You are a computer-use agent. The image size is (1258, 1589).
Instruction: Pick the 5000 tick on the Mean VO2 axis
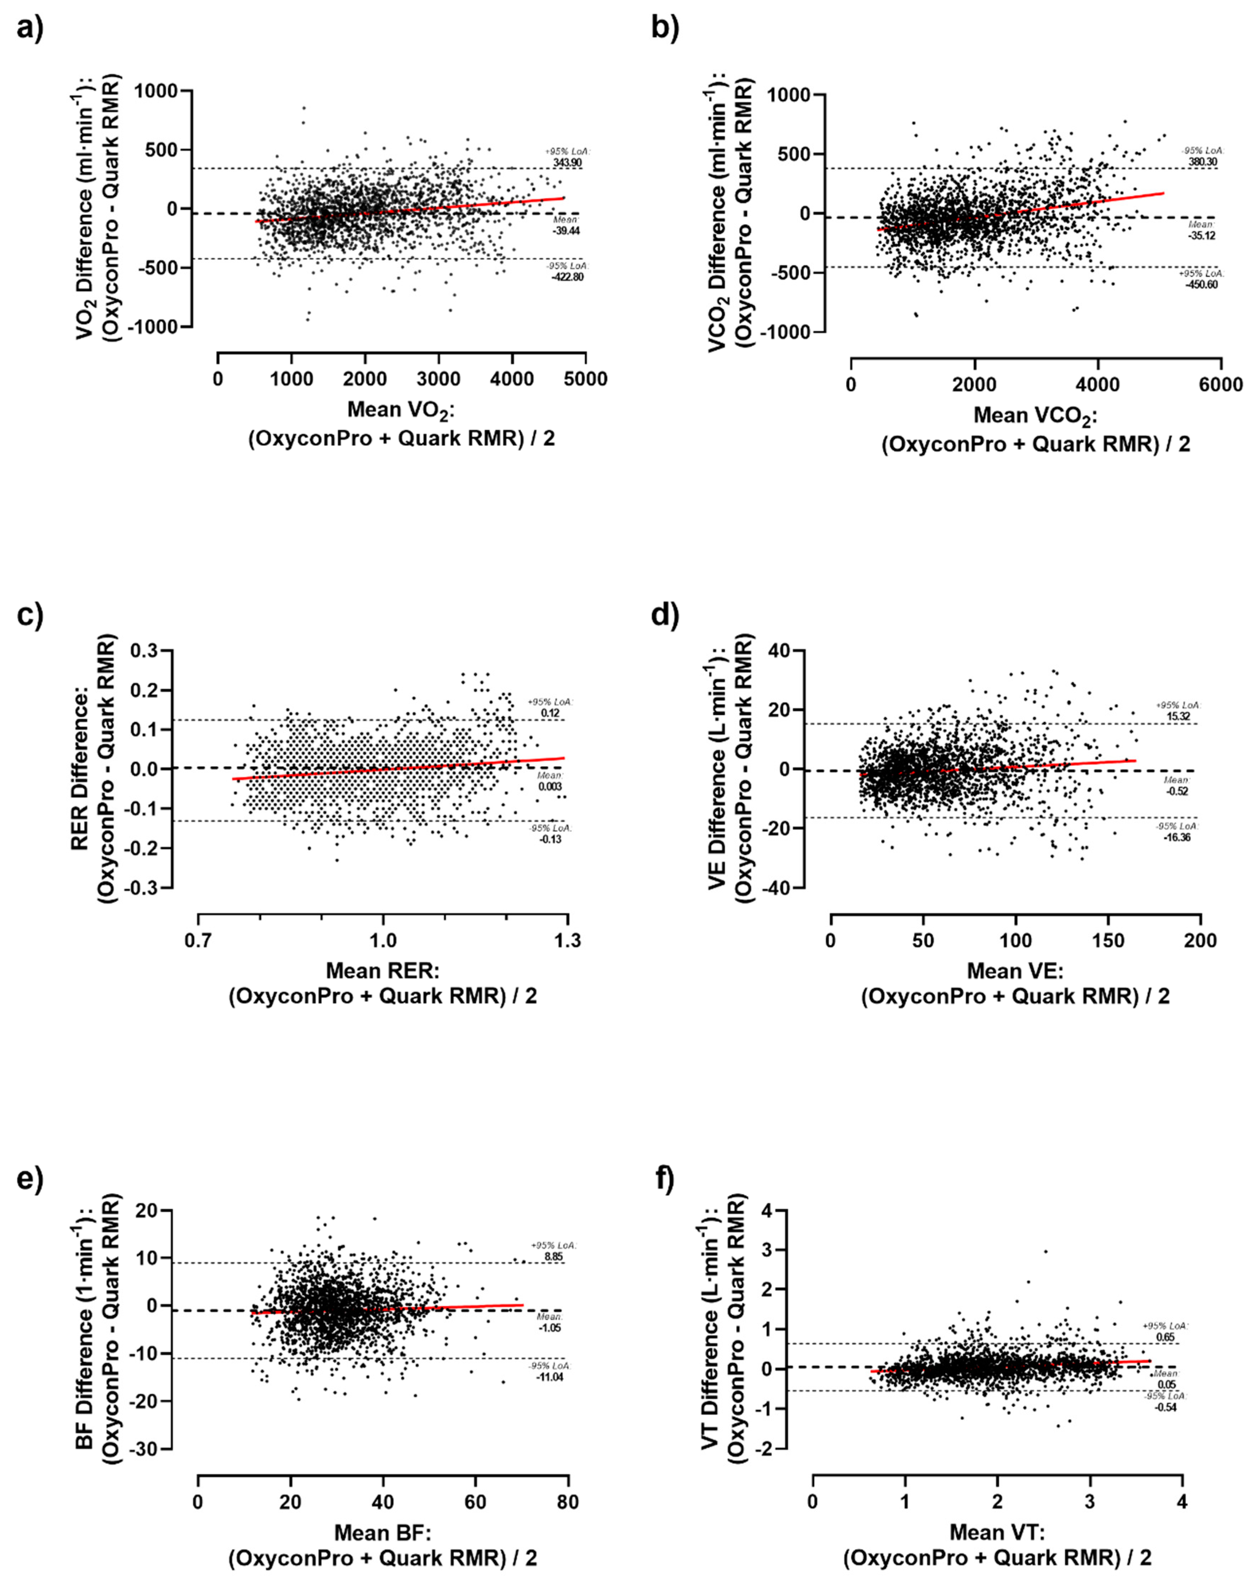pos(585,379)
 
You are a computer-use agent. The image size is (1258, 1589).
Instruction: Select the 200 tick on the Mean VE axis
pos(1201,941)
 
